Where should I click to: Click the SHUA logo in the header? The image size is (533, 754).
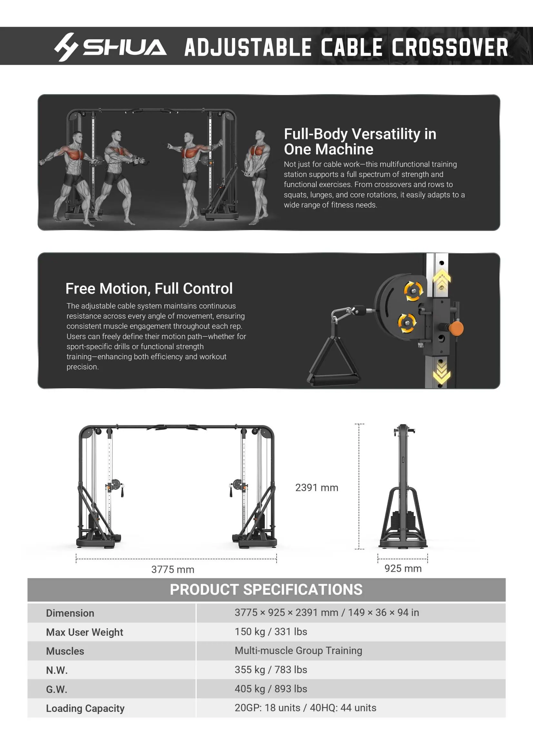click(110, 47)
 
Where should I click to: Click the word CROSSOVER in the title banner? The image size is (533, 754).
click(450, 47)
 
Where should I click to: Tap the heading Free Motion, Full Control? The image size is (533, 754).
click(149, 289)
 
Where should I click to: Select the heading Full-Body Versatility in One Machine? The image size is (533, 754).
click(360, 142)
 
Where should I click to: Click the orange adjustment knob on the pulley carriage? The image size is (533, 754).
click(456, 328)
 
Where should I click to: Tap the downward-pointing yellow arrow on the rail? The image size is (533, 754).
click(442, 373)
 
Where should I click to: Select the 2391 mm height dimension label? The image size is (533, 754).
click(317, 488)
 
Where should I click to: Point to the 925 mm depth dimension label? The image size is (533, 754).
click(403, 569)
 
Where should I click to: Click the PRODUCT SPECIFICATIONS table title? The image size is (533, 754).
click(266, 590)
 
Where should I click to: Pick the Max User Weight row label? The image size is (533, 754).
click(84, 632)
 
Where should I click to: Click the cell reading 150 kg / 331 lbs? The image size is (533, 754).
click(271, 632)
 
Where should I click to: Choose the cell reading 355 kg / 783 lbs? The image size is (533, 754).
click(271, 670)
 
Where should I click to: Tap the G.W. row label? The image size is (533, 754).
click(56, 689)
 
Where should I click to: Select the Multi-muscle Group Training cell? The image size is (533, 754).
click(298, 651)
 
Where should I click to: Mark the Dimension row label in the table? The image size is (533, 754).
click(70, 613)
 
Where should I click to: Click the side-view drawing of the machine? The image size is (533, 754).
click(403, 486)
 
